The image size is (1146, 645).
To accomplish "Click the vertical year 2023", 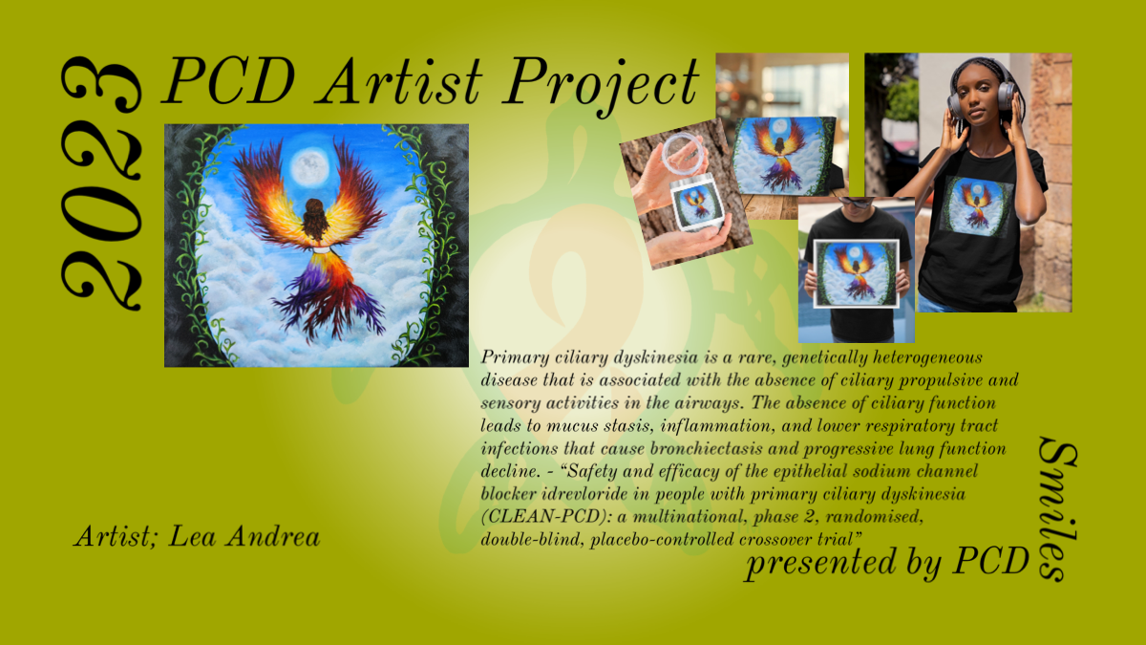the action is [101, 183].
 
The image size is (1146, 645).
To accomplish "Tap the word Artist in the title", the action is [401, 81].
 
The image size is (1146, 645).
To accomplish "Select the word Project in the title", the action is [601, 85].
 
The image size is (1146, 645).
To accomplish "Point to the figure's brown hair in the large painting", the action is [313, 219].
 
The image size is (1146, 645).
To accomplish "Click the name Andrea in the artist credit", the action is [273, 536].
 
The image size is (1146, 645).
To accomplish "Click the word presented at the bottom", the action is [821, 562].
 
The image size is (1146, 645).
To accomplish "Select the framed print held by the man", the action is [856, 274].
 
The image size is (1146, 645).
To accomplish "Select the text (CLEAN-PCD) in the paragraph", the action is [546, 517].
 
